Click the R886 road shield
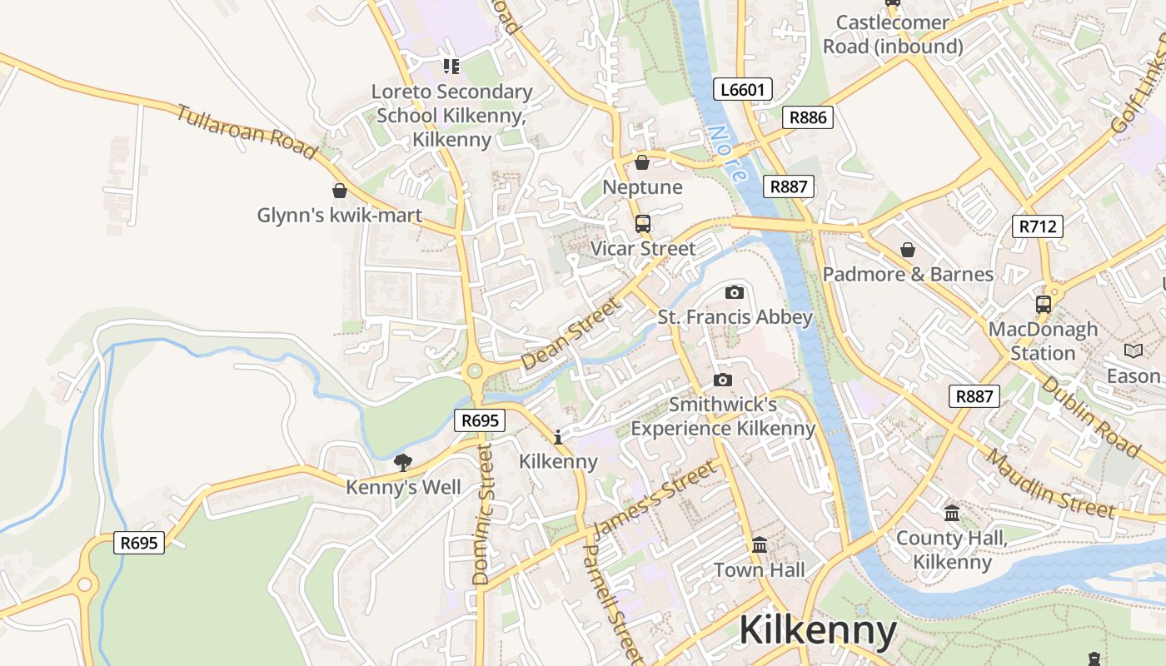[x=808, y=117]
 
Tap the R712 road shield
[x=1038, y=226]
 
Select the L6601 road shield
[x=743, y=89]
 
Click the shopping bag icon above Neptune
[x=642, y=162]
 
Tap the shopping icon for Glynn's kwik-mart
[x=339, y=191]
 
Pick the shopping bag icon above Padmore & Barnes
[x=908, y=250]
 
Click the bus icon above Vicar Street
[x=642, y=223]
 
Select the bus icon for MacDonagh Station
[x=1043, y=304]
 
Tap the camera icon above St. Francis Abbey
[x=735, y=292]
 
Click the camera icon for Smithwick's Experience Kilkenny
[x=723, y=380]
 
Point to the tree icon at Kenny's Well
[x=403, y=462]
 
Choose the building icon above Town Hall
[x=760, y=545]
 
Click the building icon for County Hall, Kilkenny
[x=952, y=513]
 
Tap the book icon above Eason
[x=1134, y=351]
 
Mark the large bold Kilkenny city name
[x=818, y=630]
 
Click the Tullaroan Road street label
[x=246, y=132]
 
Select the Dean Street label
[x=571, y=335]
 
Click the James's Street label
[x=655, y=499]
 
